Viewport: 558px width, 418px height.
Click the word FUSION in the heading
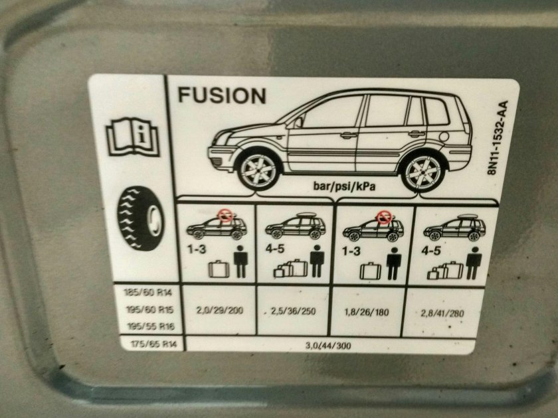tap(222, 96)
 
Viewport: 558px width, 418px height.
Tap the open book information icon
tap(133, 137)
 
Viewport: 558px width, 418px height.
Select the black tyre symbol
tap(141, 218)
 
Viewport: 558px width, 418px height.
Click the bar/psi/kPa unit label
tap(344, 186)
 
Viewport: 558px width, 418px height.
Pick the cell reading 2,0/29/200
tap(220, 311)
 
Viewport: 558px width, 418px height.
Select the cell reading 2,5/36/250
tap(293, 311)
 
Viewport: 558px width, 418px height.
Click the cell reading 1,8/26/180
tap(367, 313)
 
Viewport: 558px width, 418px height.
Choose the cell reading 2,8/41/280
tap(442, 313)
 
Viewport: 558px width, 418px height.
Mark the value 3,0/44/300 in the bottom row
tap(328, 346)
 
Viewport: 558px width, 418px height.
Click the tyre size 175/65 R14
tap(153, 344)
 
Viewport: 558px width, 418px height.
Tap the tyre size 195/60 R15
tap(150, 310)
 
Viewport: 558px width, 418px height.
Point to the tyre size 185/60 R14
tap(148, 293)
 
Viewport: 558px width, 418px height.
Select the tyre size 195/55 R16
tap(151, 326)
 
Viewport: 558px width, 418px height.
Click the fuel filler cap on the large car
tap(444, 136)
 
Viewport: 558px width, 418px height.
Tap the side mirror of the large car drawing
tap(298, 123)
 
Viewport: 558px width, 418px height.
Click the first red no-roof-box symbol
tap(225, 215)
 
